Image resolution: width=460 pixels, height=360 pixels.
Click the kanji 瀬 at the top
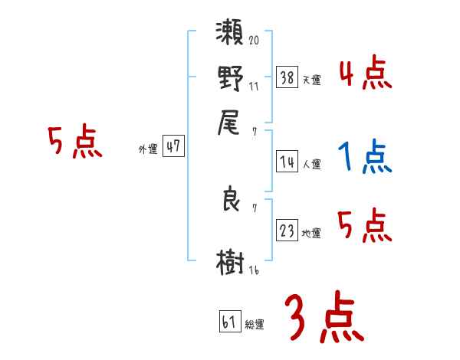pos(230,36)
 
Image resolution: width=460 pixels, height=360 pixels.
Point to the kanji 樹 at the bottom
pos(230,261)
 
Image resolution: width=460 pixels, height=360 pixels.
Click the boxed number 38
pos(287,78)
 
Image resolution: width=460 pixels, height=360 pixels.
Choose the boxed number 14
pos(287,162)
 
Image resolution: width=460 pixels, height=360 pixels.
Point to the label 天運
pos(311,80)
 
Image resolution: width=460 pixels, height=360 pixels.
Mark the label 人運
pos(311,164)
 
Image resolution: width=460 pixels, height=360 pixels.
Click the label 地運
pos(311,233)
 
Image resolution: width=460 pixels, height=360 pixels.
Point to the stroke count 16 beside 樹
pos(254,270)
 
